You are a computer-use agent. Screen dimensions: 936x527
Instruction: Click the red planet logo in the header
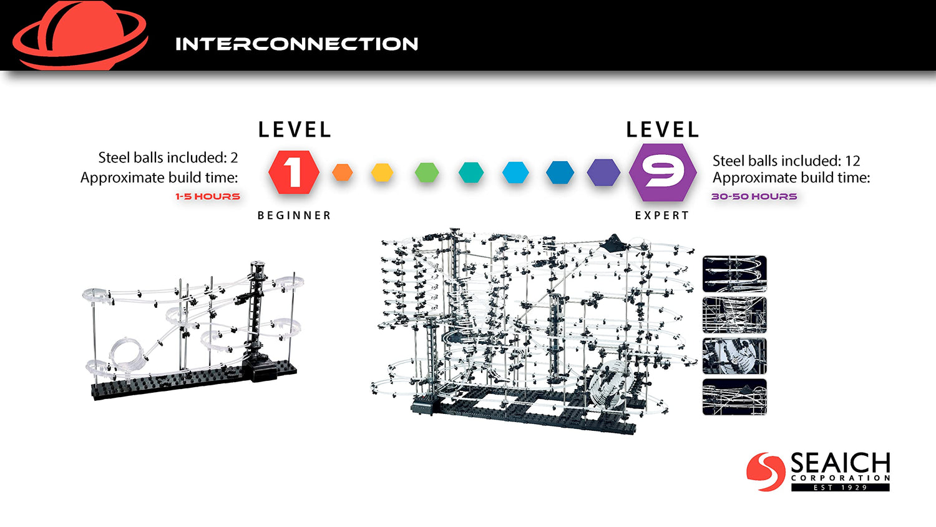pos(79,35)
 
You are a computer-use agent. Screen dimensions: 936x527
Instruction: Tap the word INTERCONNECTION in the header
pos(296,44)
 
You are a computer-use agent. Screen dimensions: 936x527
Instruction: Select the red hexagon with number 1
pos(294,172)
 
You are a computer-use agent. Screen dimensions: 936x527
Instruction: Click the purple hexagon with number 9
pos(663,172)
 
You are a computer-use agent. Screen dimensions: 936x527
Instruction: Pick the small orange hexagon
pos(343,172)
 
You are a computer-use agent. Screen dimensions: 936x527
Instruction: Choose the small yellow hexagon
pos(383,172)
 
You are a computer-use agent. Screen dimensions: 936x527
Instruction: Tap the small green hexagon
pos(427,172)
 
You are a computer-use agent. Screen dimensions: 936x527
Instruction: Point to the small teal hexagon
pos(471,172)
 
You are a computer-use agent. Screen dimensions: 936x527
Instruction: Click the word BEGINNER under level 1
pos(294,215)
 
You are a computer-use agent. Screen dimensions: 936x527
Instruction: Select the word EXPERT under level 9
pos(662,215)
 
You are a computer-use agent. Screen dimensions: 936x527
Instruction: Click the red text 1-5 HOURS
pos(208,197)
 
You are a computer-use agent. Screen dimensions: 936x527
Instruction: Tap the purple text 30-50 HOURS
pos(754,197)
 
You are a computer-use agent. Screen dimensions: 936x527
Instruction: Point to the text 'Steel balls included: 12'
pos(786,160)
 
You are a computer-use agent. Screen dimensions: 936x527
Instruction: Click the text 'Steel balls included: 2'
pos(168,158)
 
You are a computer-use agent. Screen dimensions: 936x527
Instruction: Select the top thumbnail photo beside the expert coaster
pos(734,274)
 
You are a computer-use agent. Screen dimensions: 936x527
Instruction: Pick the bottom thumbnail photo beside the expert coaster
pos(734,397)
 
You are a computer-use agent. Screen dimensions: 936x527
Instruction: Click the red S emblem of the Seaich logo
pos(766,471)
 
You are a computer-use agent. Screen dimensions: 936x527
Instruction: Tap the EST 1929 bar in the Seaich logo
pos(841,487)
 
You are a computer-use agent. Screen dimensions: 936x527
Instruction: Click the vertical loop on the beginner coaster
pos(114,355)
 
